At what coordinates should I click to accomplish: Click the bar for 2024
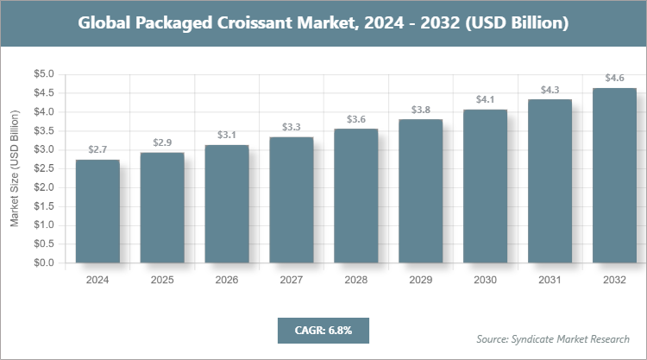pos(97,212)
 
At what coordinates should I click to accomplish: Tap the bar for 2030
pos(486,186)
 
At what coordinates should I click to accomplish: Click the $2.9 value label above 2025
pos(162,142)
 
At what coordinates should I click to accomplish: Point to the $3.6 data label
pos(356,118)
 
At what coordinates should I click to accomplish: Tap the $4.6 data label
pos(615,78)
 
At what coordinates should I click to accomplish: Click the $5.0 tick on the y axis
pos(43,74)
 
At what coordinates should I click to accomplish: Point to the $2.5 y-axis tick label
pos(43,168)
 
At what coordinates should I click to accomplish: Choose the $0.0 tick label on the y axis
pos(43,262)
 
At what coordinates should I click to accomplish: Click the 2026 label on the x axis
pos(227,280)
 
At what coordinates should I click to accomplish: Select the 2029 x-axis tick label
pos(421,280)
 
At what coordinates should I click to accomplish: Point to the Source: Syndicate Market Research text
pos(553,338)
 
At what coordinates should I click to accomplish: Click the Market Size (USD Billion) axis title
pos(15,169)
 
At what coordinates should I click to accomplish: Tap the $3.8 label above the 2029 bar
pos(421,109)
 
